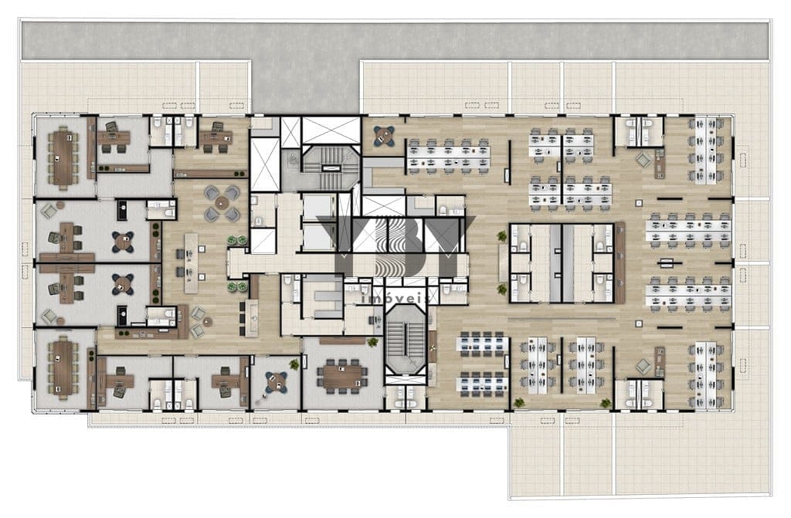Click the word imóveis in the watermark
click(x=395, y=299)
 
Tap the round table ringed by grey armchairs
click(x=222, y=203)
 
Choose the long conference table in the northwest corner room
click(x=63, y=158)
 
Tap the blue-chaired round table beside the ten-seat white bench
click(x=384, y=135)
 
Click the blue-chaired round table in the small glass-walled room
click(x=276, y=382)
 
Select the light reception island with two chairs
click(x=191, y=263)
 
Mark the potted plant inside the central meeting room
click(x=372, y=342)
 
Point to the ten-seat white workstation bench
click(x=449, y=156)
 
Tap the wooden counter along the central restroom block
click(x=620, y=262)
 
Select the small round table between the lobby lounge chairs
click(x=207, y=321)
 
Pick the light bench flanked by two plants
click(x=502, y=262)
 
